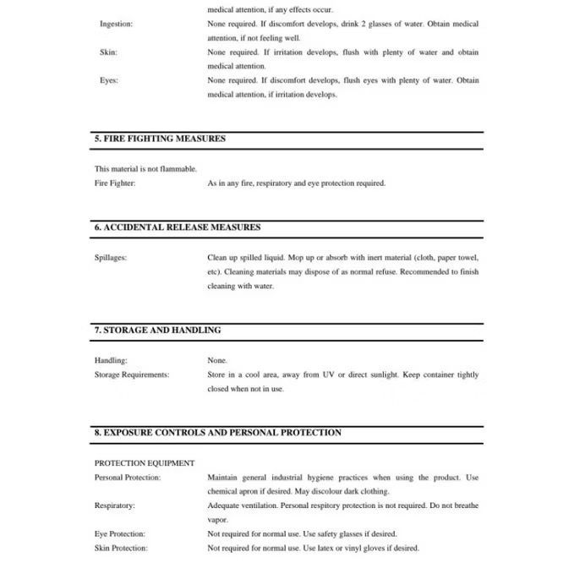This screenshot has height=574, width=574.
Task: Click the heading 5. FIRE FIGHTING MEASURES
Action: click(160, 139)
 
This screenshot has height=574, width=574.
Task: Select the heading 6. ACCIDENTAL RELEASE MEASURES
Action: click(178, 227)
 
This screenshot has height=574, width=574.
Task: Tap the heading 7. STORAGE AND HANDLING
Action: click(157, 331)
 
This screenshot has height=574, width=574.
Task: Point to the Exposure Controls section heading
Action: click(217, 433)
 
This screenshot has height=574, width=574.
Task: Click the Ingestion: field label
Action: click(116, 24)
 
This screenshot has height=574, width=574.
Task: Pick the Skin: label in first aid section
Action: click(108, 52)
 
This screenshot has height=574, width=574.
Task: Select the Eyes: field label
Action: click(109, 80)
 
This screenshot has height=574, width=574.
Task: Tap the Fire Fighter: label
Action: click(115, 183)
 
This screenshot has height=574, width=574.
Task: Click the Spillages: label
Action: click(111, 257)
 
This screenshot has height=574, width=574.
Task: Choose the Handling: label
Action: click(111, 360)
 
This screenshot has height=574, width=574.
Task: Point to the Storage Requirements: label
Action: click(132, 374)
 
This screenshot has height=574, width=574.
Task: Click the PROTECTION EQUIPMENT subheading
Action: click(145, 463)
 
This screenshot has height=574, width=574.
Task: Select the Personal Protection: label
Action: click(128, 478)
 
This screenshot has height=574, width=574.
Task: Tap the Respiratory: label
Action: click(115, 506)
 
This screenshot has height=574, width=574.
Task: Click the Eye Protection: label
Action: click(120, 534)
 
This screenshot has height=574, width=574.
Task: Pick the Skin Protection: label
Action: click(121, 548)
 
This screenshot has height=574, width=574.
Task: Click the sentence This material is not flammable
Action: click(145, 168)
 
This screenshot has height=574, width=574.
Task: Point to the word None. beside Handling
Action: click(217, 360)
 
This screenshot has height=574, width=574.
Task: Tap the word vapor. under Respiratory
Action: click(217, 520)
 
